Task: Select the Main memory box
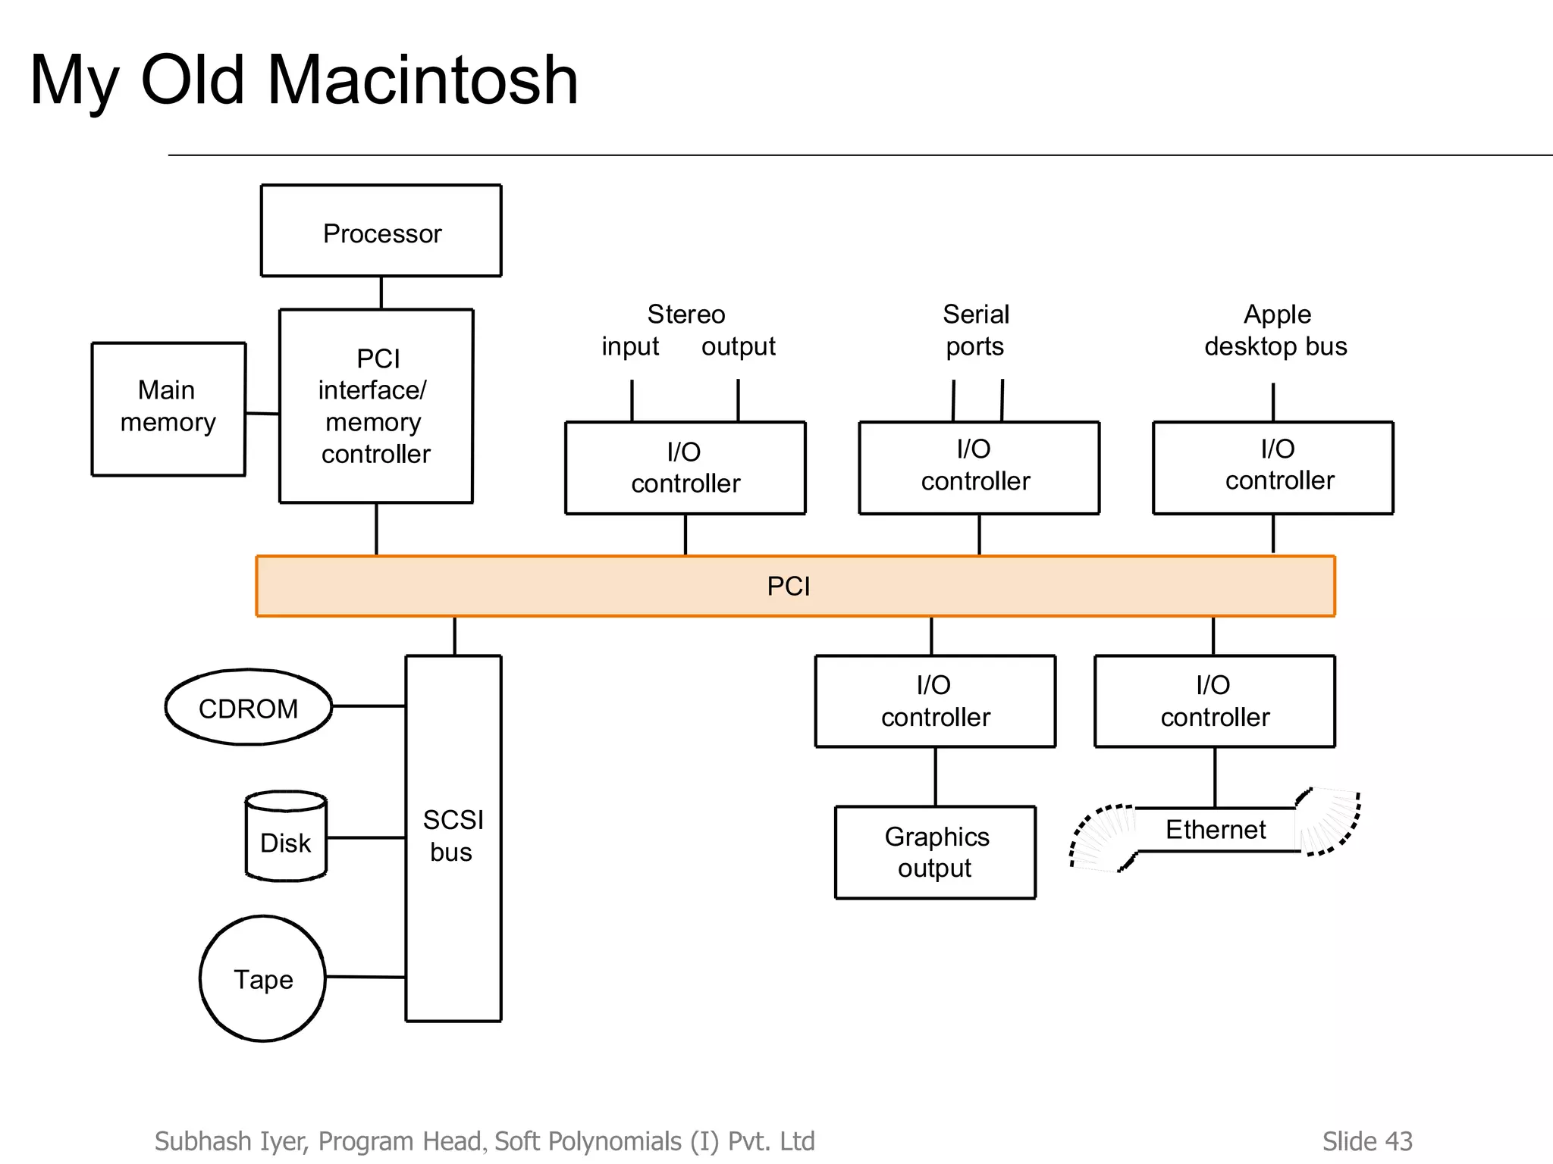168,408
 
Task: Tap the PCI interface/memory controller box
376,406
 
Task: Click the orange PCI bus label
789,587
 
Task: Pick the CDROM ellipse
249,708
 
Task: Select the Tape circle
262,978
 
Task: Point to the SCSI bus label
453,836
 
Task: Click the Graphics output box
935,853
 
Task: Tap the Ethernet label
1216,830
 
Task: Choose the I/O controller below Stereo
685,468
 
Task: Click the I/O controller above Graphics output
935,701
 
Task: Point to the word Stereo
686,314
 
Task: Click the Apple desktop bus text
1276,330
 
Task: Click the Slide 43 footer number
1367,1141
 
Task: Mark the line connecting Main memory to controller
262,414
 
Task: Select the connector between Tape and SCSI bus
365,977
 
